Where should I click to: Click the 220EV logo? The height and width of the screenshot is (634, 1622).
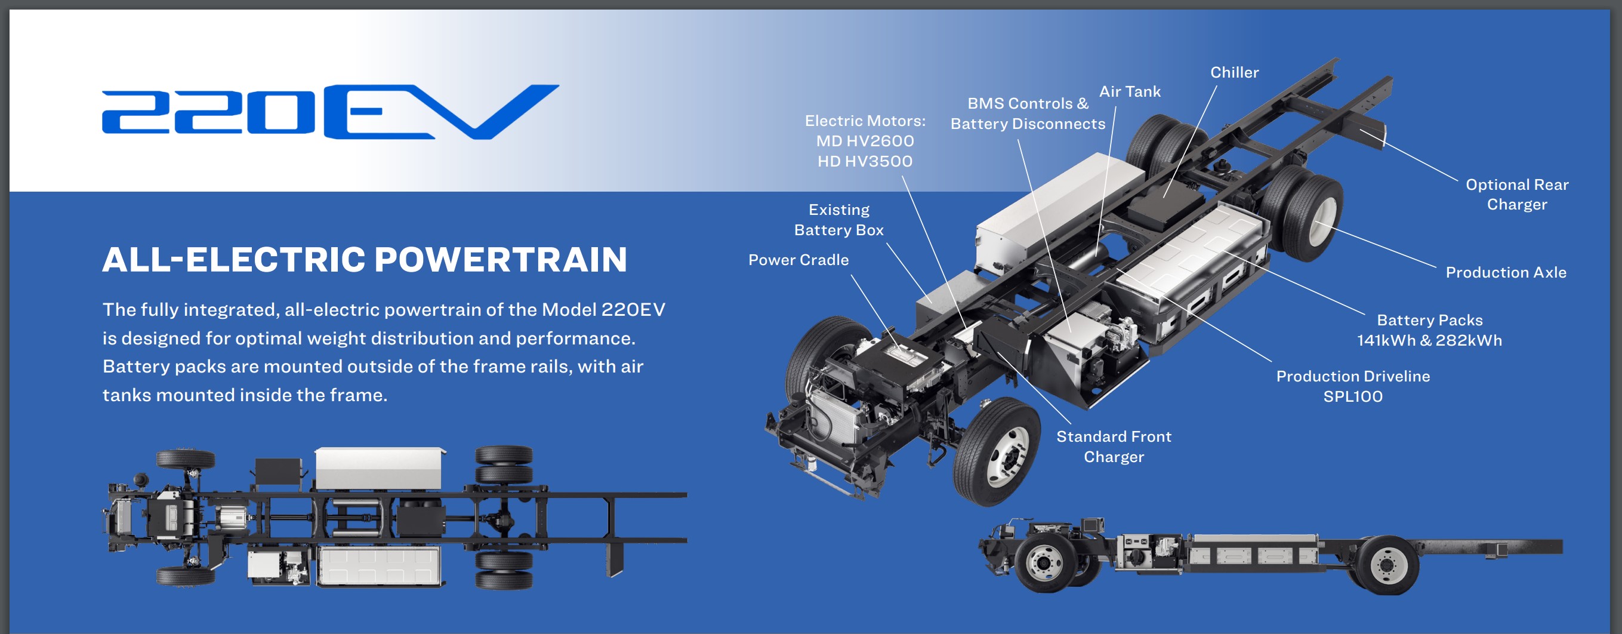pyautogui.click(x=331, y=112)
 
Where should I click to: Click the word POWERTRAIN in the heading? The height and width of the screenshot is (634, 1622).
pyautogui.click(x=501, y=260)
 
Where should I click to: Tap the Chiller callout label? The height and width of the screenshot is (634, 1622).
pyautogui.click(x=1234, y=72)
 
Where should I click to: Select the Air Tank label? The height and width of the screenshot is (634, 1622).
pyautogui.click(x=1130, y=91)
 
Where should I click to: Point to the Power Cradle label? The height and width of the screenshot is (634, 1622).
pyautogui.click(x=798, y=260)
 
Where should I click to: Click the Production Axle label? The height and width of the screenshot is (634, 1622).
pyautogui.click(x=1506, y=272)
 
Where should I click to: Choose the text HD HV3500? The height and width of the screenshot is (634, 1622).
pyautogui.click(x=865, y=161)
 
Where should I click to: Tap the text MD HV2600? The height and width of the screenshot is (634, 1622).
pyautogui.click(x=865, y=141)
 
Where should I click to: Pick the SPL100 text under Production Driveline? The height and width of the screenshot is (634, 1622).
pyautogui.click(x=1352, y=396)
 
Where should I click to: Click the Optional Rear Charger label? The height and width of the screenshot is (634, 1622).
pyautogui.click(x=1517, y=195)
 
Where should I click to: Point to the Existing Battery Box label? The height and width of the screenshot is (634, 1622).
pyautogui.click(x=838, y=220)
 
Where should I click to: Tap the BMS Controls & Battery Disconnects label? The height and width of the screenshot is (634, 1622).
pyautogui.click(x=1028, y=113)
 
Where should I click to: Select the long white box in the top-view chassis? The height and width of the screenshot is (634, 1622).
pyautogui.click(x=380, y=469)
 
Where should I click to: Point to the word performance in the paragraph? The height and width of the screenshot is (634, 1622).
pyautogui.click(x=575, y=338)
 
